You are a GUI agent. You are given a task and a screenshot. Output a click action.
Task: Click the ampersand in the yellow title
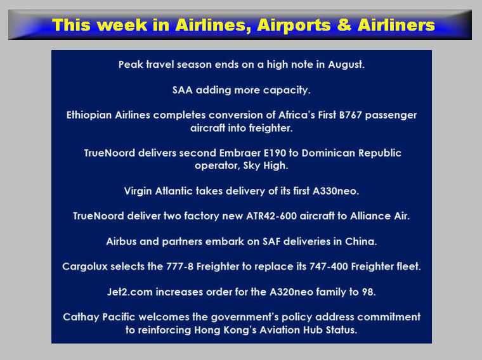344,25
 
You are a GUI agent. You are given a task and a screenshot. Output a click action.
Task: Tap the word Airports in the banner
294,25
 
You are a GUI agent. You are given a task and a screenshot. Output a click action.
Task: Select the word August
346,65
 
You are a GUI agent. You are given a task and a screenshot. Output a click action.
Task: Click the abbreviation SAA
182,90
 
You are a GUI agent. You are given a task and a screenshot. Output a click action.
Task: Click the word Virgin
138,191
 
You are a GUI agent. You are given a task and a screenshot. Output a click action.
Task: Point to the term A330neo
335,191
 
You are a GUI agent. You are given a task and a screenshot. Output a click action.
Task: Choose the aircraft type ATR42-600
271,216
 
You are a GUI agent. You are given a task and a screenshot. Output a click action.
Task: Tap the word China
361,241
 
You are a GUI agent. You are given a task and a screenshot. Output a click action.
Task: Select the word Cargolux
85,266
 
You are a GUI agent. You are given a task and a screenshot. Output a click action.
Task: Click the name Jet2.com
130,292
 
